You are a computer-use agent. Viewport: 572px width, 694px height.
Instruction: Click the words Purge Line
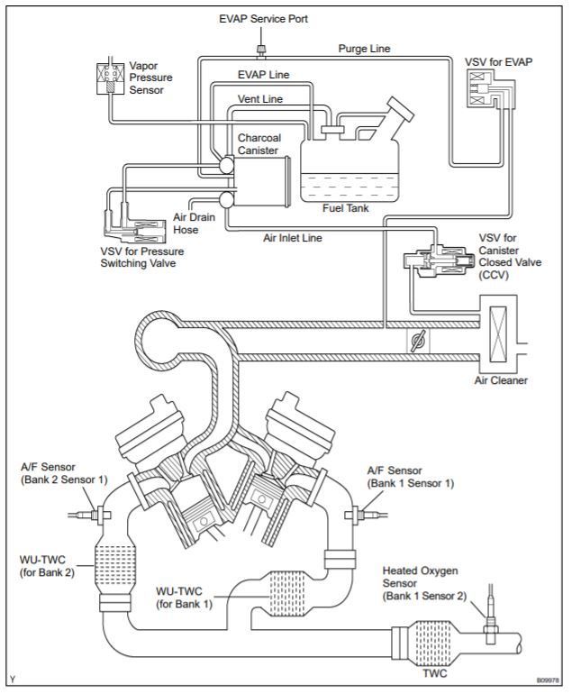pyautogui.click(x=364, y=49)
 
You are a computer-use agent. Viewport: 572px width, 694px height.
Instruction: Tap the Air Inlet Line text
pyautogui.click(x=294, y=239)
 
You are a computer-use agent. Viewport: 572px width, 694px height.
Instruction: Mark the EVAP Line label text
pyautogui.click(x=263, y=76)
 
